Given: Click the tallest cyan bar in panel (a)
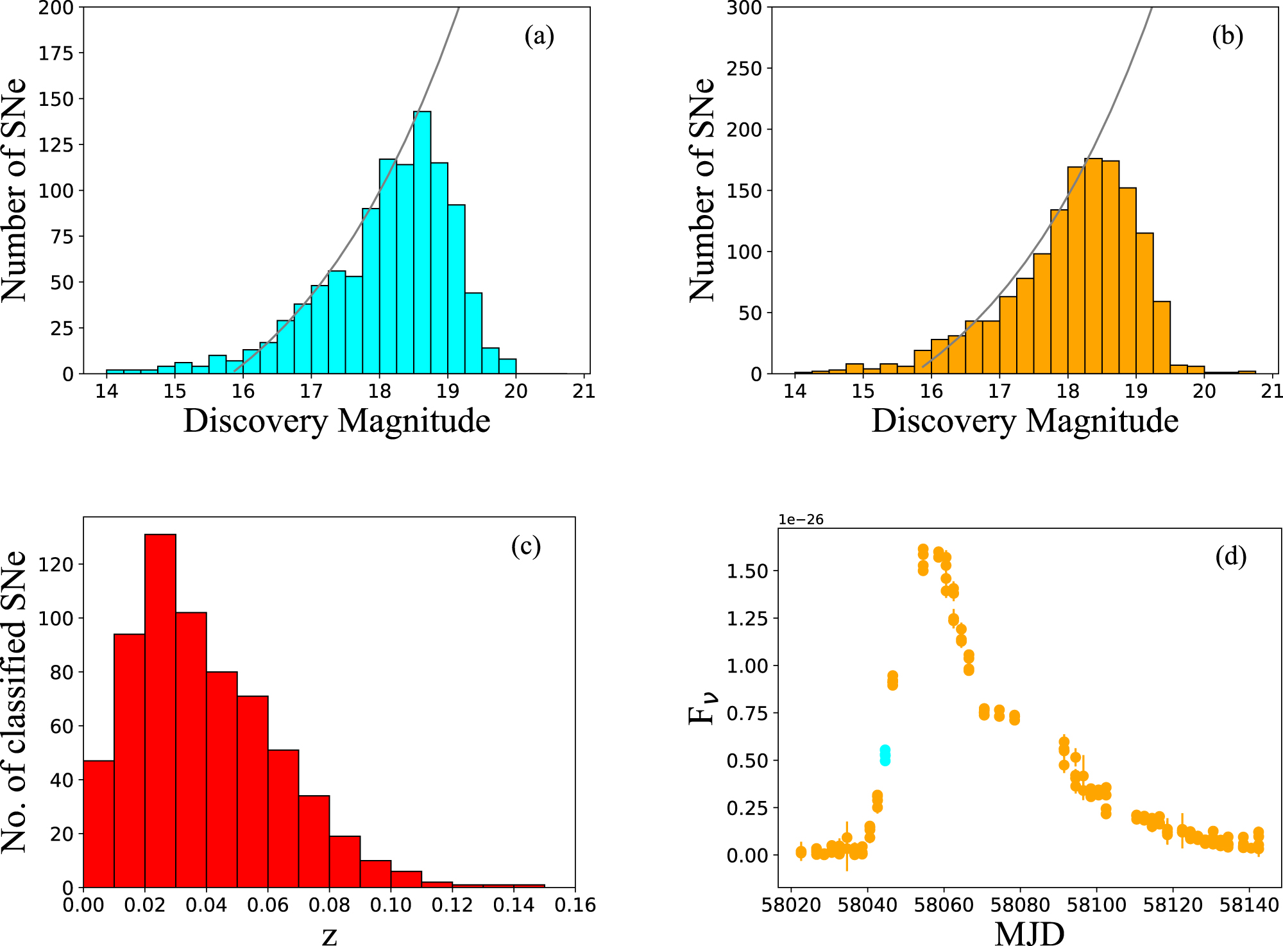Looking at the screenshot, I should tap(422, 244).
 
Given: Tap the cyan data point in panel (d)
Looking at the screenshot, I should tap(885, 755).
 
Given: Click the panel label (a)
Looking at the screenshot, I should tap(539, 36).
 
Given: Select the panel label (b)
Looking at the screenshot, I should tap(1227, 36).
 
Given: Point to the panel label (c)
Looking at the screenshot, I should tap(526, 546).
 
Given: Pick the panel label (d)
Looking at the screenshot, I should tap(1230, 556).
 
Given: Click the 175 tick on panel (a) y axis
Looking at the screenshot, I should tap(56, 53).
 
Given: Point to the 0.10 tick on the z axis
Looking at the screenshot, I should tap(391, 906).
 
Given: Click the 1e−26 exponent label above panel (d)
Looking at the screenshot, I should tap(801, 520).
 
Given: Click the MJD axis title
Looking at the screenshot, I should tap(1029, 933).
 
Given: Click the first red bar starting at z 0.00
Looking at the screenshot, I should tap(99, 825).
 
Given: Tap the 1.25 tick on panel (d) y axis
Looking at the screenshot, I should tap(747, 619).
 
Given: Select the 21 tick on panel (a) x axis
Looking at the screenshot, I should tap(584, 391).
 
